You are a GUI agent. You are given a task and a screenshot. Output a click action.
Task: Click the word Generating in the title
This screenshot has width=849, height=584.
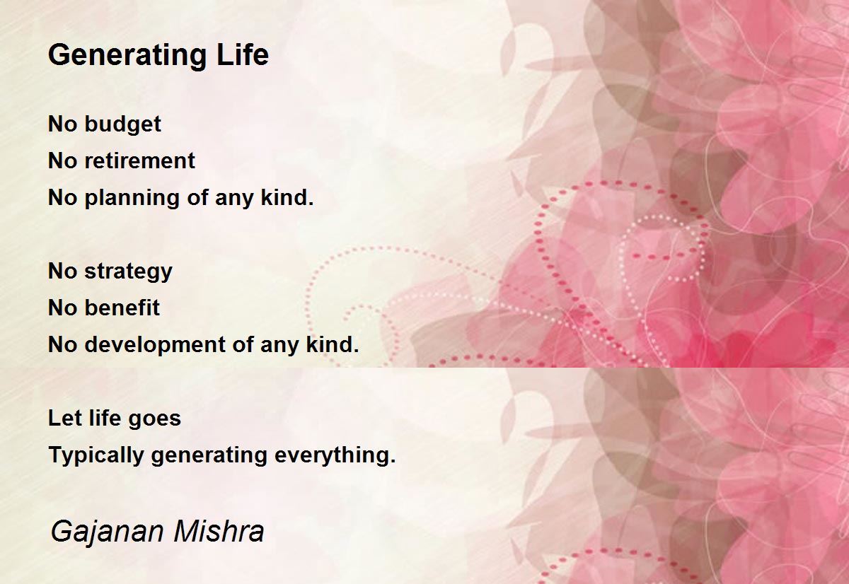pos(127,56)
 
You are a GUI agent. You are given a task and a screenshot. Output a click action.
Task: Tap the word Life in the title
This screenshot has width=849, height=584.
pos(243,54)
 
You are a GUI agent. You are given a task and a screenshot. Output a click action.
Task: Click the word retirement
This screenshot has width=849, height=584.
pos(139,161)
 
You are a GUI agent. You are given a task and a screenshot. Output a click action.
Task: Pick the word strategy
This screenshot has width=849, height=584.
pos(129,272)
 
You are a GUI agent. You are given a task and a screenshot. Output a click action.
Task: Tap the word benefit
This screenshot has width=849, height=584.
pos(122,308)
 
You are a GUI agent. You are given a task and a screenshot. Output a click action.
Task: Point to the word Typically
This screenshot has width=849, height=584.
pos(96,455)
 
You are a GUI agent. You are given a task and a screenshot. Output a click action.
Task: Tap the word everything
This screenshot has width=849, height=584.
pos(335,455)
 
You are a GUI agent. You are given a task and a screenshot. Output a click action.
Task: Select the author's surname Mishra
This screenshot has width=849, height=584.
pos(219,531)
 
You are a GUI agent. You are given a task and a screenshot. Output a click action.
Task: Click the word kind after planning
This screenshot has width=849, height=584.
pos(287,197)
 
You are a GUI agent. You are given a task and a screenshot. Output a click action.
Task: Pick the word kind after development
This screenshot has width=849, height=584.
pos(332,344)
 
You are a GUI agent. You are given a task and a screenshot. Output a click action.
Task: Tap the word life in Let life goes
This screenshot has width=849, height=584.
pos(103,418)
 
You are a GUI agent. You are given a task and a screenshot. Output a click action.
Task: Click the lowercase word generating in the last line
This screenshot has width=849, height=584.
pos(209,455)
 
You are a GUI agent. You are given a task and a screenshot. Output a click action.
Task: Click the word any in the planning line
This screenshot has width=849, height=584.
pos(234,199)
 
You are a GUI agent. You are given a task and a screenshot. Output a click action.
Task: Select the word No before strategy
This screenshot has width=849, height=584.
pos(63,271)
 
